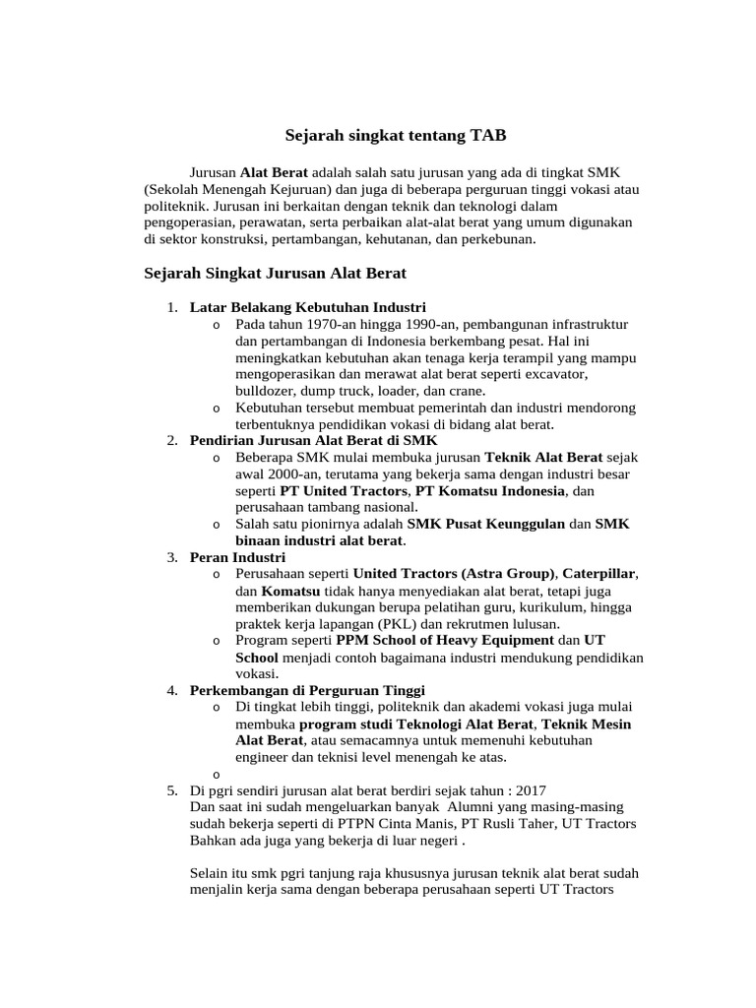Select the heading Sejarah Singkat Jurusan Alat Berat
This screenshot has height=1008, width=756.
click(275, 272)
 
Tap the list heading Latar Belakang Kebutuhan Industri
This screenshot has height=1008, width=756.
click(307, 307)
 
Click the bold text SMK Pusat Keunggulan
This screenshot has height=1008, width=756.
click(485, 524)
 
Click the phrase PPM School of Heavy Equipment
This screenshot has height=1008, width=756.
click(437, 640)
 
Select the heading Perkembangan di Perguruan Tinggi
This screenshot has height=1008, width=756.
click(307, 690)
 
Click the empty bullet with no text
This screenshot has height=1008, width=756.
click(216, 774)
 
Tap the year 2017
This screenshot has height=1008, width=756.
click(528, 790)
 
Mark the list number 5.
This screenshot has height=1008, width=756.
click(171, 790)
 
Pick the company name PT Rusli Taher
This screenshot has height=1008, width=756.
click(504, 824)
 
